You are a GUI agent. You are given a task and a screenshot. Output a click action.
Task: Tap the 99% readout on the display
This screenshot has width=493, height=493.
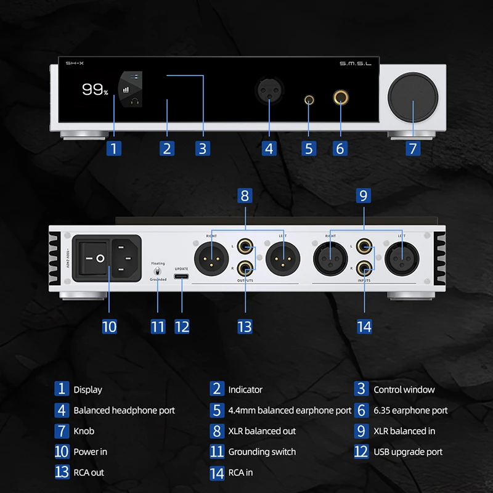95,90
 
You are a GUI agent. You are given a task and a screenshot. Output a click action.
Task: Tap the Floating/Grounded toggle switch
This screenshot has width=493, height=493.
158,271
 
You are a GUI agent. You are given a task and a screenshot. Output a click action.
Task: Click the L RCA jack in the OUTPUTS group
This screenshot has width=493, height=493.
245,248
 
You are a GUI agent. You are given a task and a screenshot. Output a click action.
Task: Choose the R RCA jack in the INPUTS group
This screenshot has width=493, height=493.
364,267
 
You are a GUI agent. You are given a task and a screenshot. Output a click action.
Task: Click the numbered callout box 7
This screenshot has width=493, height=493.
413,148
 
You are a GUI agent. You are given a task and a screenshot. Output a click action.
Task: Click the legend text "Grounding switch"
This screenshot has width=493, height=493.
262,452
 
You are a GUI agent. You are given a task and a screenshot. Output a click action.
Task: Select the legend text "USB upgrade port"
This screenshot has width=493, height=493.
408,452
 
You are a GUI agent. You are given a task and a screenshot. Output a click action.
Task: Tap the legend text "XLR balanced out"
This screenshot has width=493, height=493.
262,431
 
